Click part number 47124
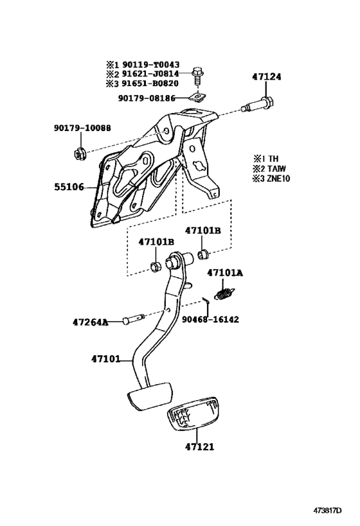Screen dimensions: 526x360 pos(265,76)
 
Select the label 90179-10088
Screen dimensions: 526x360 pos(82,128)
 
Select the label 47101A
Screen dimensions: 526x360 pos(225,272)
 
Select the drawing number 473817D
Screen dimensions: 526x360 pos(334,511)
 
